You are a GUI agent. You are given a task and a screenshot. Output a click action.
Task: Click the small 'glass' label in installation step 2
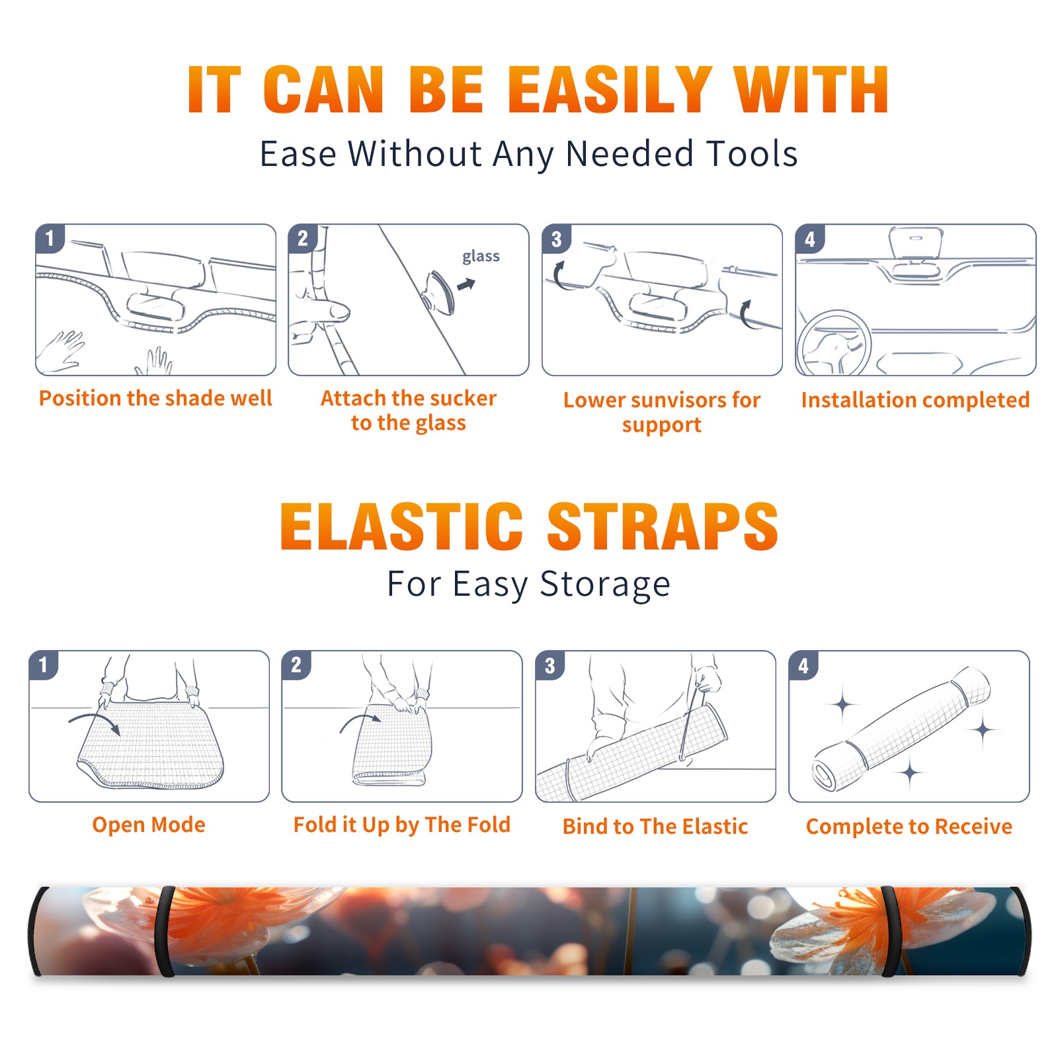click(481, 257)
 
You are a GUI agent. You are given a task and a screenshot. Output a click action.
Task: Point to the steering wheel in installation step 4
click(833, 344)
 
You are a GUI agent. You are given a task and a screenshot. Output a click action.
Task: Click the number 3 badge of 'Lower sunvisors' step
click(556, 239)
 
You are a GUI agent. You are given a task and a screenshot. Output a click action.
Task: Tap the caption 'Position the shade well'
click(155, 398)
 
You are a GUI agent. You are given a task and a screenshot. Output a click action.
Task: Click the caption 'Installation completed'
click(915, 400)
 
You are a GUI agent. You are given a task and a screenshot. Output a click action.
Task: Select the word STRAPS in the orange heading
click(663, 526)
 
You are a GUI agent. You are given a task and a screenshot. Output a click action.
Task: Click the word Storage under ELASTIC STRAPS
click(605, 585)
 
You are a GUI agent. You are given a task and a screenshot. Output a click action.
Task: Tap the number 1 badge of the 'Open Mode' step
click(44, 665)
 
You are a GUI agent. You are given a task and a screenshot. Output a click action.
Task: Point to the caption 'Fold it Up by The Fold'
click(402, 825)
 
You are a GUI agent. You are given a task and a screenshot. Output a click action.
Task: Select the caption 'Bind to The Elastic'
click(655, 827)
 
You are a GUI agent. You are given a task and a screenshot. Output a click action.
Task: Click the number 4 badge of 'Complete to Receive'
click(803, 665)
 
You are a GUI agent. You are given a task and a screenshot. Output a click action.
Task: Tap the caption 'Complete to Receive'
click(909, 827)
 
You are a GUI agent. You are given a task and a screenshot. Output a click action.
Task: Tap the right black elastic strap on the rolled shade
click(889, 932)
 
